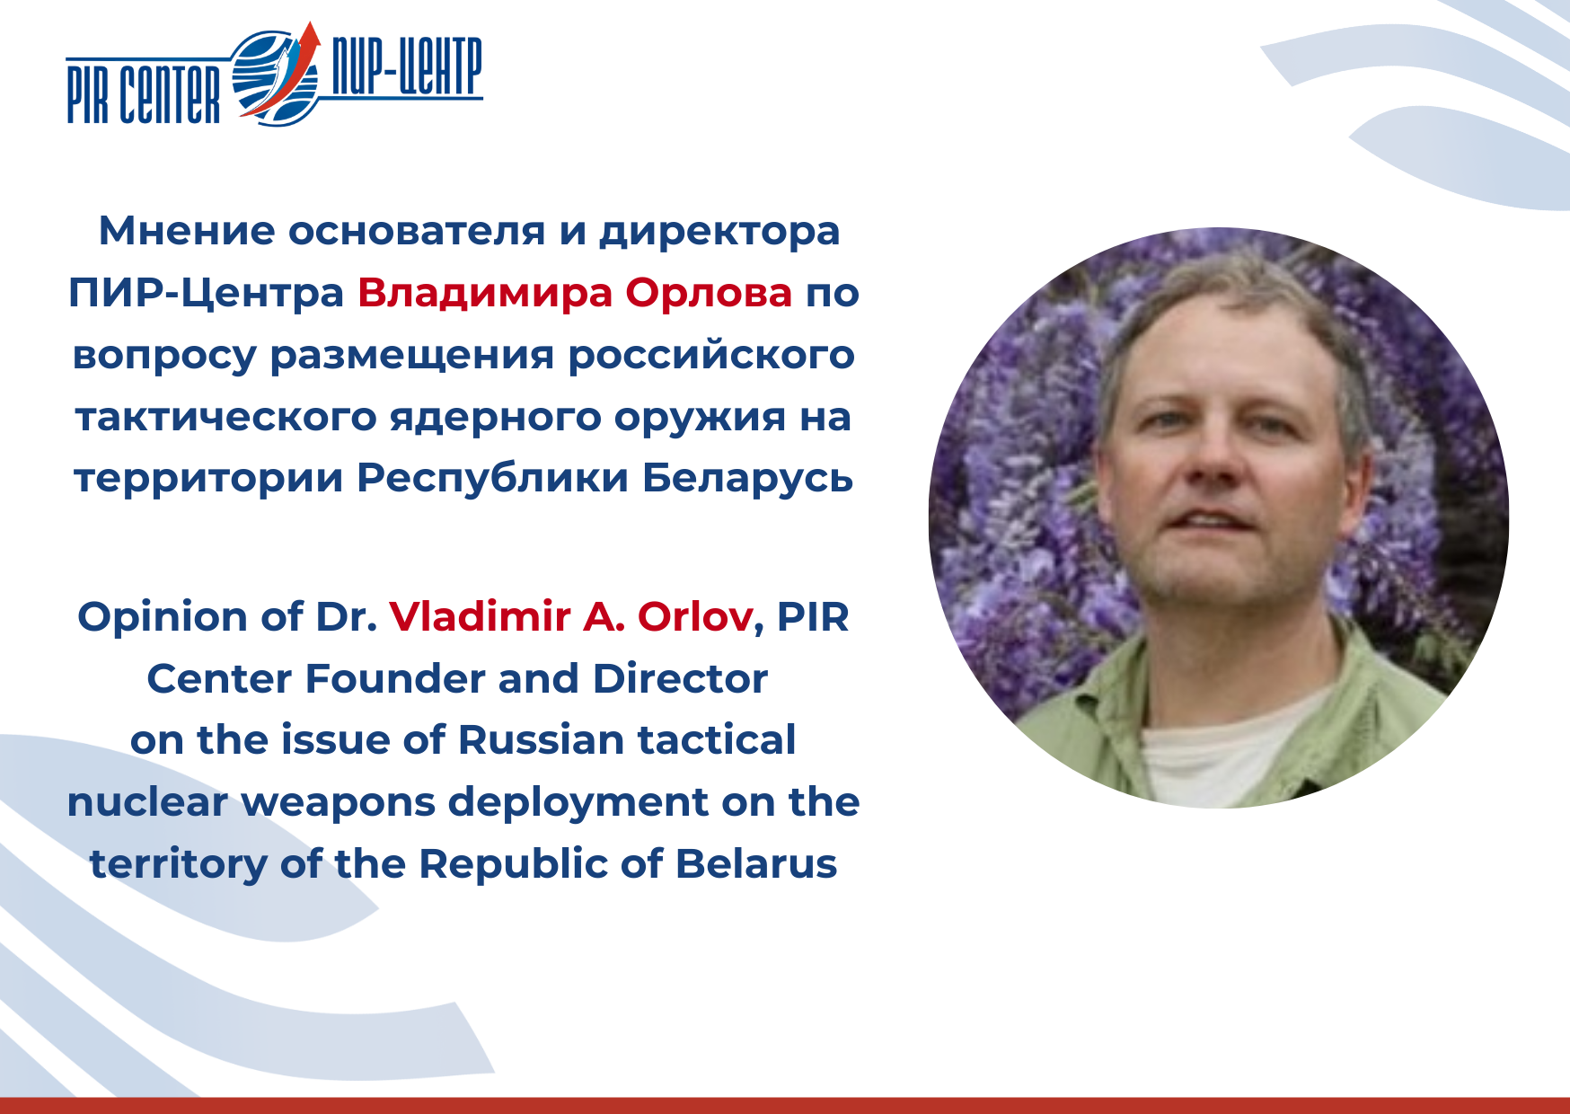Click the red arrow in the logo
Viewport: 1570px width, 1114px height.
tap(286, 72)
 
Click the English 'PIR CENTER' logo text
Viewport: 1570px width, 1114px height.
tap(144, 93)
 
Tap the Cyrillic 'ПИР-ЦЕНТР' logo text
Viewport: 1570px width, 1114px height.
tap(407, 66)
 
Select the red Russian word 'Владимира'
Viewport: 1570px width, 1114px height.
tap(485, 292)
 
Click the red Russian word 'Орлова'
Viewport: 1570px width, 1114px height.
tap(709, 292)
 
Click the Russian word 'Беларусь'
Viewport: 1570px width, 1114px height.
tap(747, 477)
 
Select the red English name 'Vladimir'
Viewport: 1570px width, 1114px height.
tap(480, 616)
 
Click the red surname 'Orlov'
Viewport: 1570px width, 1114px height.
tap(695, 616)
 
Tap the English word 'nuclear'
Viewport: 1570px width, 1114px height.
tap(147, 802)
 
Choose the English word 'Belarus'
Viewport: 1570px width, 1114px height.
tap(756, 863)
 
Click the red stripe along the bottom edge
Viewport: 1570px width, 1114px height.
tap(785, 1105)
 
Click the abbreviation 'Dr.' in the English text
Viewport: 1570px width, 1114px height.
tap(346, 616)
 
